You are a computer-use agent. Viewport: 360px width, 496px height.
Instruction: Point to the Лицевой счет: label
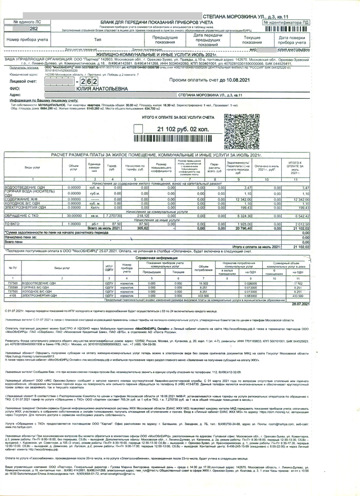23,81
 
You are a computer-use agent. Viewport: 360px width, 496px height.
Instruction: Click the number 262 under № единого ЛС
19,29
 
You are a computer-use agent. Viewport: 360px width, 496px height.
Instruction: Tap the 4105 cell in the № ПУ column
12,296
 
